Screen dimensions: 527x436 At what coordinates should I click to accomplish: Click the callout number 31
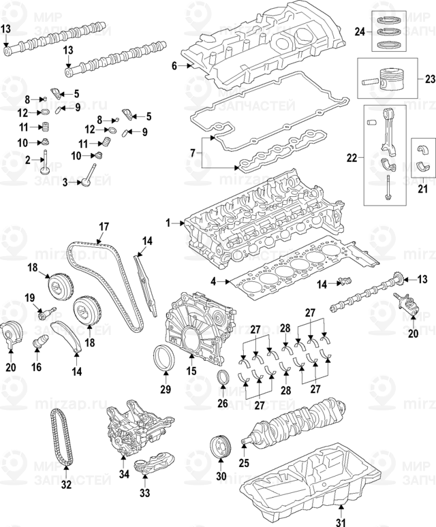[341, 522]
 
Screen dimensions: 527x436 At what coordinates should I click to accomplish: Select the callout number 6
[174, 66]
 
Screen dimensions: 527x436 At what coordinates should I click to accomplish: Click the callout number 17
[104, 226]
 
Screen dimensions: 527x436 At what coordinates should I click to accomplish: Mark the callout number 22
[352, 158]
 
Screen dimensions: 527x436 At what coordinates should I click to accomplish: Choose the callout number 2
[28, 160]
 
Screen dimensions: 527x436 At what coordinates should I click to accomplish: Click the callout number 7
[192, 155]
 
